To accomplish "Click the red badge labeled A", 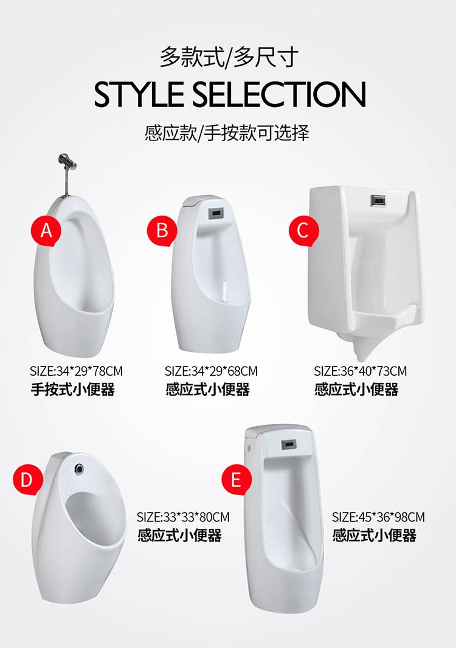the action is (x=46, y=230).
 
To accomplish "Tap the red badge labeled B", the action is (x=162, y=230).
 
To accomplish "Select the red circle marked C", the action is (x=304, y=230).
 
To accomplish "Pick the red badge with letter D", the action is (x=27, y=480).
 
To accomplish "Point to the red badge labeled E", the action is (x=237, y=480).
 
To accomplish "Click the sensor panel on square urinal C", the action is (x=378, y=200).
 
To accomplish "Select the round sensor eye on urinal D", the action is (x=79, y=468).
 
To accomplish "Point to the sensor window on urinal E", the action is (x=289, y=445).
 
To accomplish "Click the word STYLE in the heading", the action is (x=139, y=94).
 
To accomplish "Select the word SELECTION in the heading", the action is (x=279, y=94).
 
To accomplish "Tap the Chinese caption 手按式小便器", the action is (x=73, y=389).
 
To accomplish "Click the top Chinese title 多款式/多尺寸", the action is (x=229, y=57).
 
